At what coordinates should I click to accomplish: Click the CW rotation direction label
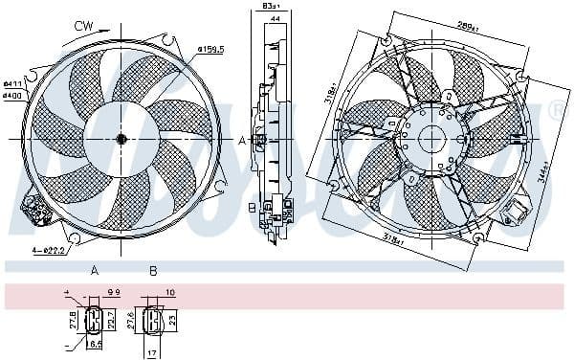tap(84, 26)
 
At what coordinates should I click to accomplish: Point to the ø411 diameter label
tap(11, 84)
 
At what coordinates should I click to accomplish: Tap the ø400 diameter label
tap(11, 95)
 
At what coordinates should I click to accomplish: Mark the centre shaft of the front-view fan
tap(121, 140)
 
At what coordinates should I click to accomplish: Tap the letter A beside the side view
tap(243, 140)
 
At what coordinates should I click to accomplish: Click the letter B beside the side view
tap(251, 207)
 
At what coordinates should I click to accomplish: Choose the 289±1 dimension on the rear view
tap(468, 26)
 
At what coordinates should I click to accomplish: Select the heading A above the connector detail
tap(95, 271)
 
